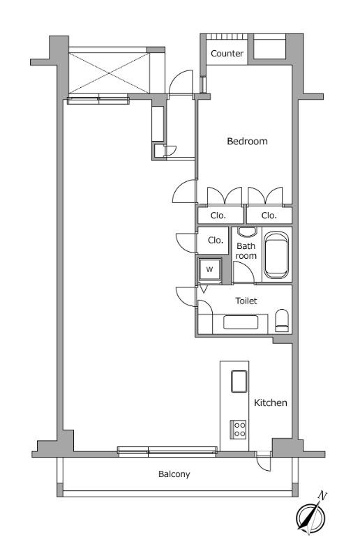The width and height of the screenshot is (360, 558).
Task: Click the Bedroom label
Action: click(x=247, y=142)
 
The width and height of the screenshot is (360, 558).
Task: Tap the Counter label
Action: click(x=227, y=54)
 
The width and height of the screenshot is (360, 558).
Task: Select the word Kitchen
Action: click(x=270, y=402)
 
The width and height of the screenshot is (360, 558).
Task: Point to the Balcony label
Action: click(x=174, y=474)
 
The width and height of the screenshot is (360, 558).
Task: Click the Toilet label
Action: click(x=246, y=301)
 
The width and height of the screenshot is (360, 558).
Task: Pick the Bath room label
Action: click(x=246, y=251)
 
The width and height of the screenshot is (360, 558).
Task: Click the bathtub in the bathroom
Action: click(x=276, y=255)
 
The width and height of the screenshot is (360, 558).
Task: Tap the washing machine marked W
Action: click(x=210, y=269)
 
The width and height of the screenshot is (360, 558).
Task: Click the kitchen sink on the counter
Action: click(x=239, y=381)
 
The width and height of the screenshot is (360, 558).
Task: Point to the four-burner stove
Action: click(x=238, y=429)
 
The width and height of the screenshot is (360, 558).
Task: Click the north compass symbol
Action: click(x=311, y=516)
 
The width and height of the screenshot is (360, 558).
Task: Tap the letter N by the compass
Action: click(x=322, y=495)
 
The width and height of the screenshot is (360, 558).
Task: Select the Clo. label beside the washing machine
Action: click(x=216, y=240)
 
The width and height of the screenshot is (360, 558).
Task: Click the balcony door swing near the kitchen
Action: click(x=264, y=463)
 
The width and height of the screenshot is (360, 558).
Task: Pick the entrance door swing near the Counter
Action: click(x=181, y=82)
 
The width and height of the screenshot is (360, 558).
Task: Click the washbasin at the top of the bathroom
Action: click(x=247, y=232)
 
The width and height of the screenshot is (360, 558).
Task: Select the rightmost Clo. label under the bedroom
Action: click(x=269, y=216)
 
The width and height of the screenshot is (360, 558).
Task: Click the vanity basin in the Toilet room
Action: click(x=241, y=322)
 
